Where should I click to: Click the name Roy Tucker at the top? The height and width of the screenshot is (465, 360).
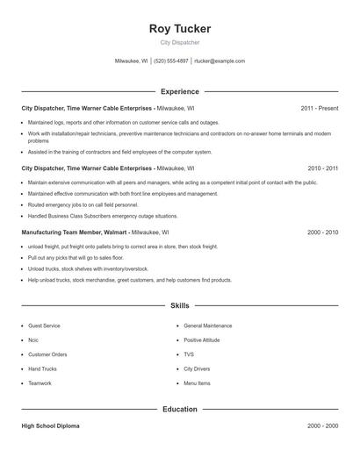[180, 28]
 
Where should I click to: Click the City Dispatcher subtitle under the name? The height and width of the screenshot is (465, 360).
[180, 42]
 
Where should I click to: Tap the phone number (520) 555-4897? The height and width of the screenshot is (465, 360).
[171, 61]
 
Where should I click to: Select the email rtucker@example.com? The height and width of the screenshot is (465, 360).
[220, 61]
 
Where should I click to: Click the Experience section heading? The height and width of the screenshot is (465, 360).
[180, 91]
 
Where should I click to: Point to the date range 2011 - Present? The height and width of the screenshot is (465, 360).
[319, 108]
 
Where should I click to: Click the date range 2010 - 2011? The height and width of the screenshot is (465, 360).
[322, 167]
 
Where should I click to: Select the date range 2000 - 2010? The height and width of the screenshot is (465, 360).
[322, 232]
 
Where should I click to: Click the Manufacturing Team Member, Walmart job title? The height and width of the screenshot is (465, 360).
[75, 232]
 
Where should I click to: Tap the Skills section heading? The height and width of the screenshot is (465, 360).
[180, 305]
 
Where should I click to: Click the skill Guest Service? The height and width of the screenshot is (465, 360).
[44, 325]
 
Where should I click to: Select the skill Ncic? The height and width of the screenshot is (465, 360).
[33, 340]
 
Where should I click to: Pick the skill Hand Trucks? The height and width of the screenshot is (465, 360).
[42, 368]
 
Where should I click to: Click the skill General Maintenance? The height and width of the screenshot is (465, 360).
[208, 325]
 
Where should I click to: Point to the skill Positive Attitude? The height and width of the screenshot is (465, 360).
[202, 340]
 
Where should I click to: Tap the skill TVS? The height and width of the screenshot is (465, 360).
[189, 354]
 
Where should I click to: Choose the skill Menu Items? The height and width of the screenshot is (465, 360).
[197, 383]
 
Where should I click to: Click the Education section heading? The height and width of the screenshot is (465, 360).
[180, 409]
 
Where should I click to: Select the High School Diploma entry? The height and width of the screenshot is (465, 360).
[50, 426]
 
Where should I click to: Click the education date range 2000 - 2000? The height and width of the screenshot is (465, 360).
[322, 426]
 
